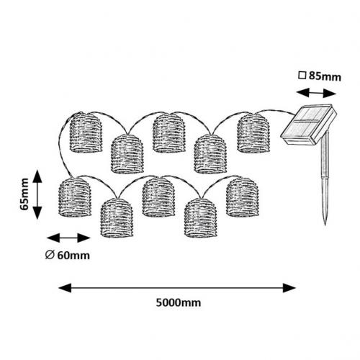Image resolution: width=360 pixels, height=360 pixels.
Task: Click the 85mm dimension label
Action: coord(325,76)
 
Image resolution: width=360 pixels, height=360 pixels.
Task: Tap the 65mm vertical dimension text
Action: coord(24,194)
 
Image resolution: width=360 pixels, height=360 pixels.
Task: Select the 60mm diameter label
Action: coord(73,256)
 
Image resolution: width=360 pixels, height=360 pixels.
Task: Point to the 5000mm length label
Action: coord(179,302)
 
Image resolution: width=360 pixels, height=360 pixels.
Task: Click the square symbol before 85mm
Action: coord(302,76)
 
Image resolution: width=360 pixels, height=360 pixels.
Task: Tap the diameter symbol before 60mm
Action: coord(50,255)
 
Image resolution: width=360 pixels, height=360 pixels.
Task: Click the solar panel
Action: coord(309,125)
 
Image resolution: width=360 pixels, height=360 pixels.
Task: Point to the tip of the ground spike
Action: coord(325,225)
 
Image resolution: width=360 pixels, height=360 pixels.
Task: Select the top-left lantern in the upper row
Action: coord(86,132)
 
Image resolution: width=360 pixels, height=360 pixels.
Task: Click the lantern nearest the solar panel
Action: coord(253,132)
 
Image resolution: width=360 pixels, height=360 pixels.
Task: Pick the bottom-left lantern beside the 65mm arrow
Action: coord(75,197)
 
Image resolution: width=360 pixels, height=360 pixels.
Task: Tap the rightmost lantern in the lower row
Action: coord(242,197)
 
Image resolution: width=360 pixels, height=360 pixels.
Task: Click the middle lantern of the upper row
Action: coord(169,132)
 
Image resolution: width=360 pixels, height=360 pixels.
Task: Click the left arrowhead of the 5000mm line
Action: coord(65,288)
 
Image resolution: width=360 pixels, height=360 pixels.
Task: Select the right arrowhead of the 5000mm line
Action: coord(289,288)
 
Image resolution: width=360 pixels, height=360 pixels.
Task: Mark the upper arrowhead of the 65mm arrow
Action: coord(37,176)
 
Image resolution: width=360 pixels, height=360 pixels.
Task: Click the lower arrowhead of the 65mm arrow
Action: coord(37,212)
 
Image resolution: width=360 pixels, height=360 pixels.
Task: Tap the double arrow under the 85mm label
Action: coord(316,93)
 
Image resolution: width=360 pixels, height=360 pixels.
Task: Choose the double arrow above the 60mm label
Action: coord(68,238)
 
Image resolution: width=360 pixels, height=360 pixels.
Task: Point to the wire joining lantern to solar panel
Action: coord(276,111)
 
